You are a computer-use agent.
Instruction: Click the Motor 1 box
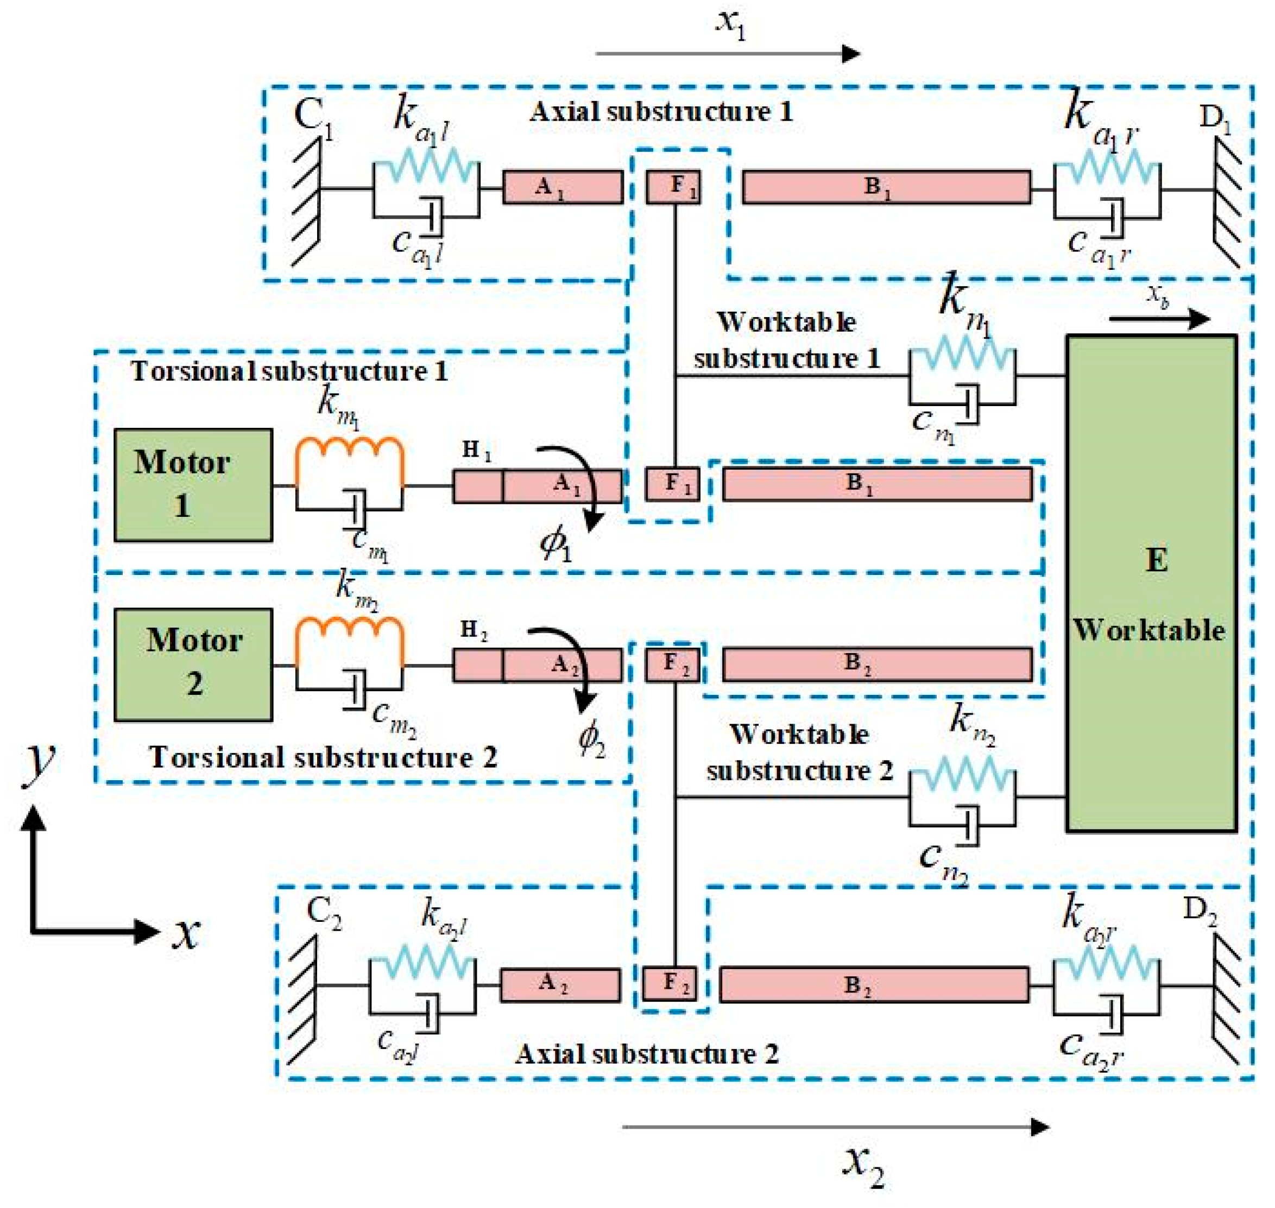pyautogui.click(x=193, y=484)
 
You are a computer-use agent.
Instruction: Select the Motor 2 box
pyautogui.click(x=193, y=664)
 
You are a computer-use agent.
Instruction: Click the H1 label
pyautogui.click(x=476, y=450)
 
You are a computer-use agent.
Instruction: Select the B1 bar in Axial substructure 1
pyautogui.click(x=886, y=187)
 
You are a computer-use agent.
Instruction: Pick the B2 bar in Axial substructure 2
pyautogui.click(x=873, y=984)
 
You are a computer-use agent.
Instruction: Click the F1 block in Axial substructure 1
pyautogui.click(x=673, y=187)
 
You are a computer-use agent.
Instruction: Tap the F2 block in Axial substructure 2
pyautogui.click(x=670, y=983)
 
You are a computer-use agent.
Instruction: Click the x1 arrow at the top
pyautogui.click(x=728, y=53)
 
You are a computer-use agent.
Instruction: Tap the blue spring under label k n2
pyautogui.click(x=962, y=774)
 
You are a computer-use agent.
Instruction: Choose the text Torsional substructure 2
pyautogui.click(x=323, y=757)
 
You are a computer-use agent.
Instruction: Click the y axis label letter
pyautogui.click(x=40, y=762)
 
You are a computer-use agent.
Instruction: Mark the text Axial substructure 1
pyautogui.click(x=661, y=112)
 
